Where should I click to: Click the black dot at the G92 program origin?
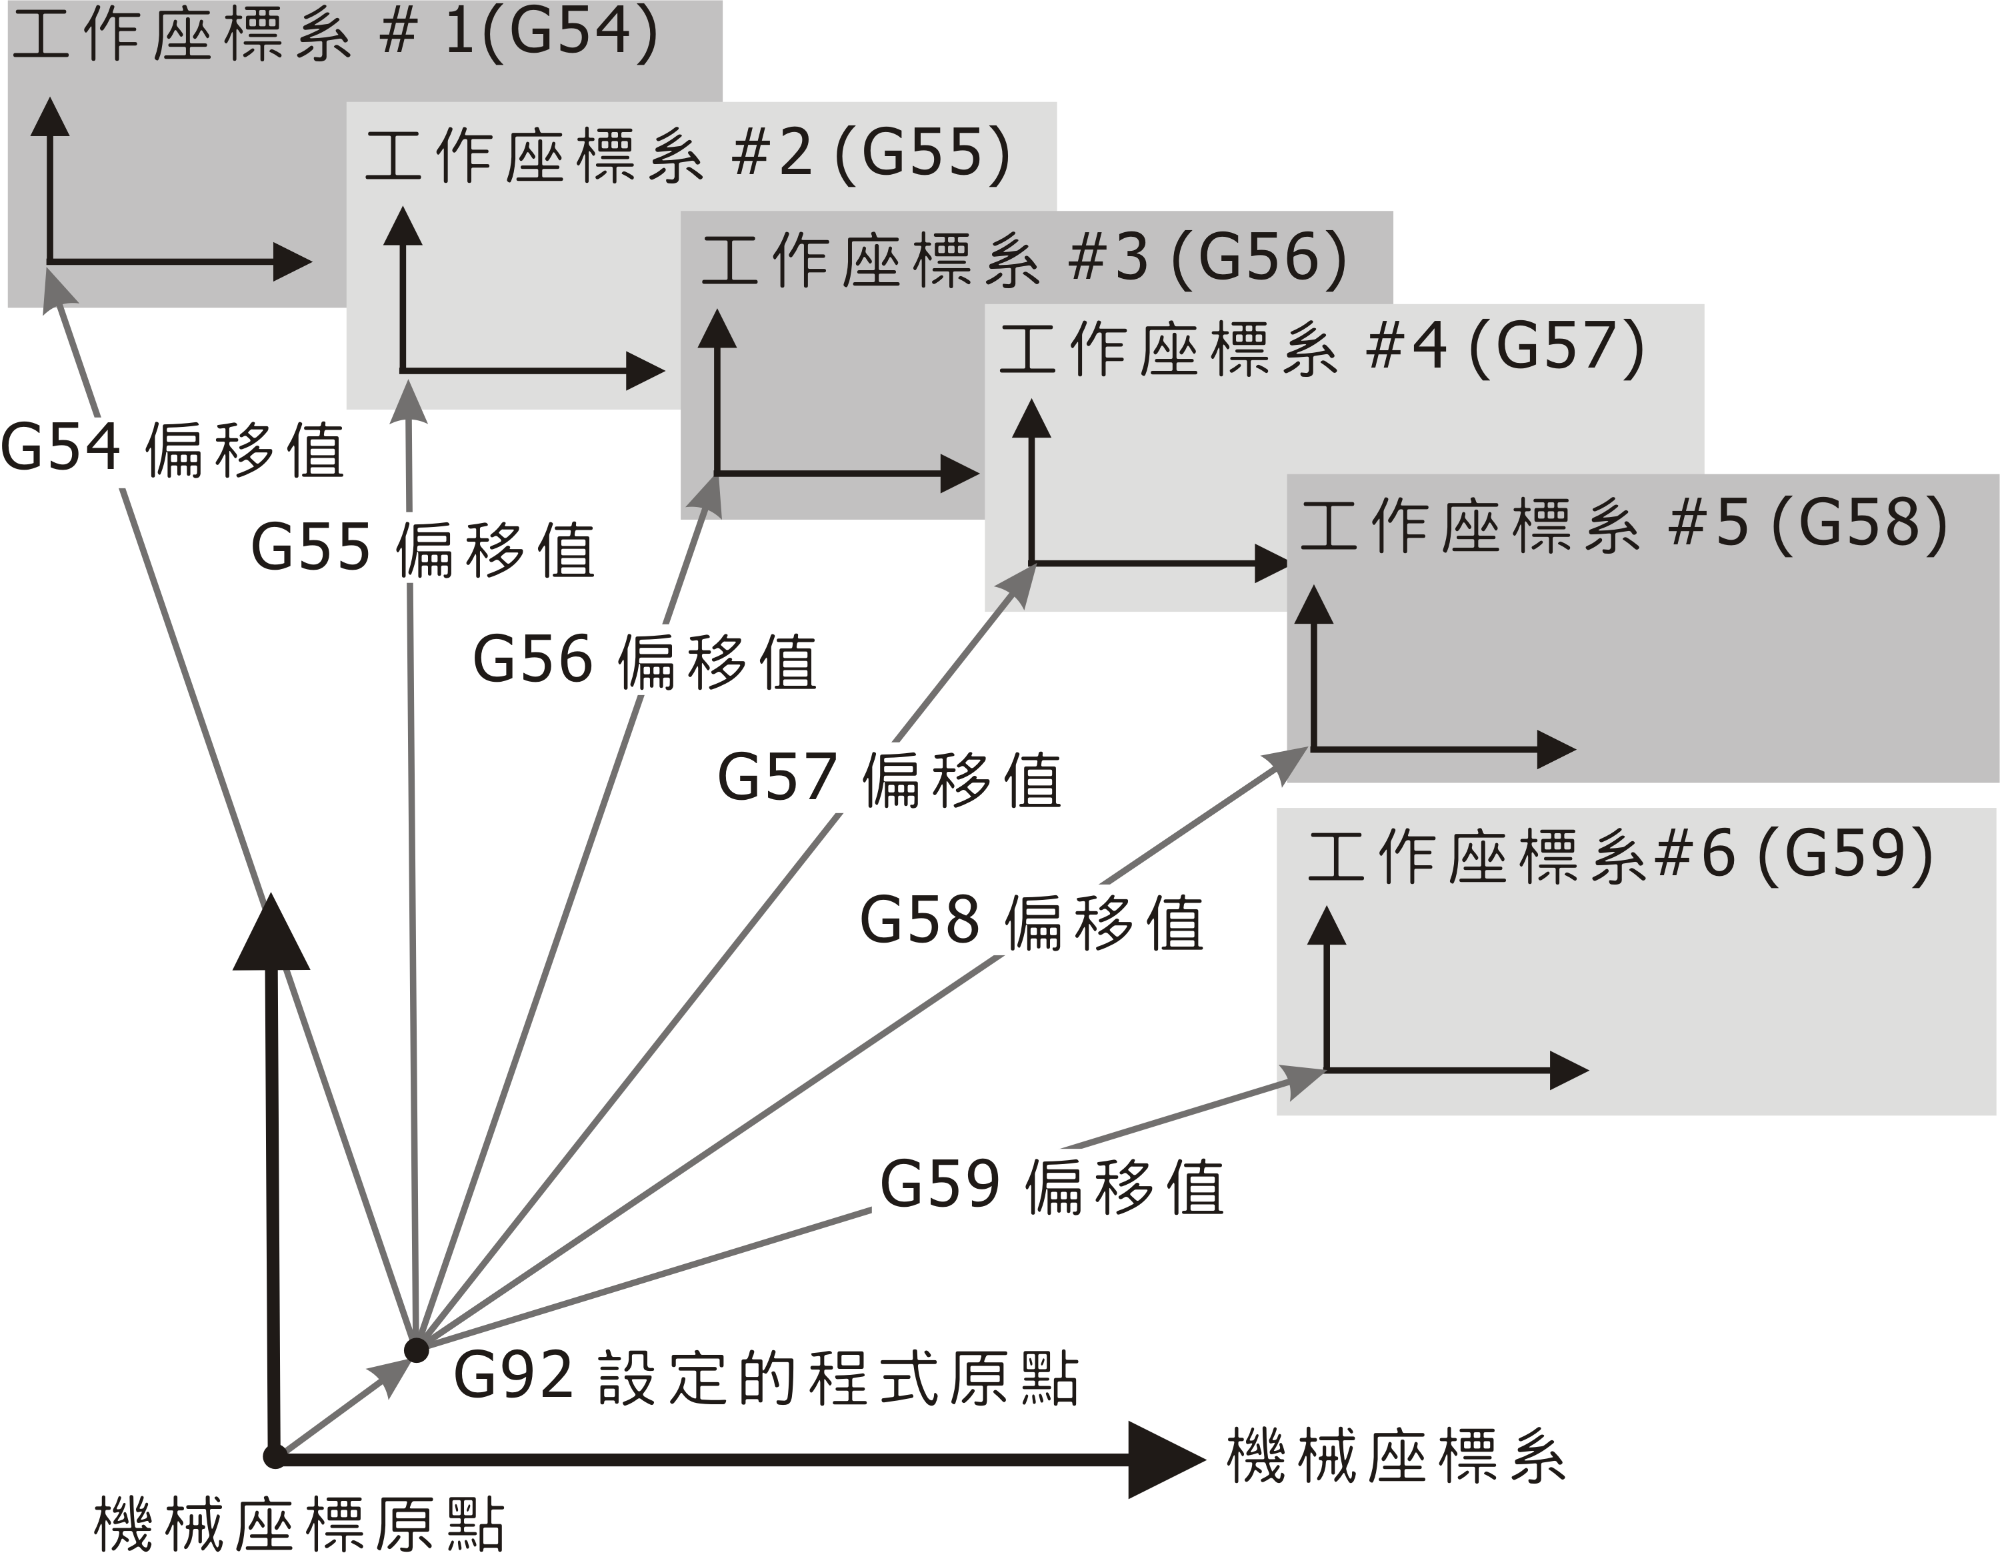tap(417, 1350)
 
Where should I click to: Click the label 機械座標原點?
tap(299, 1524)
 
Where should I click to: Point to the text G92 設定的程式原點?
tap(765, 1379)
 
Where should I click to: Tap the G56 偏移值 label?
tap(645, 662)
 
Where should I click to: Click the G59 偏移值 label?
tap(1051, 1187)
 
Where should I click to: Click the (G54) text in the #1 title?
tap(569, 33)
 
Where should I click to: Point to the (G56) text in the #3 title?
tap(1259, 258)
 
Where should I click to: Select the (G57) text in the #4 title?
tap(1557, 348)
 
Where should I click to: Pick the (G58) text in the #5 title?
tap(1859, 525)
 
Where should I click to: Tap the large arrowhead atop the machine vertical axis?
tap(271, 935)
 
